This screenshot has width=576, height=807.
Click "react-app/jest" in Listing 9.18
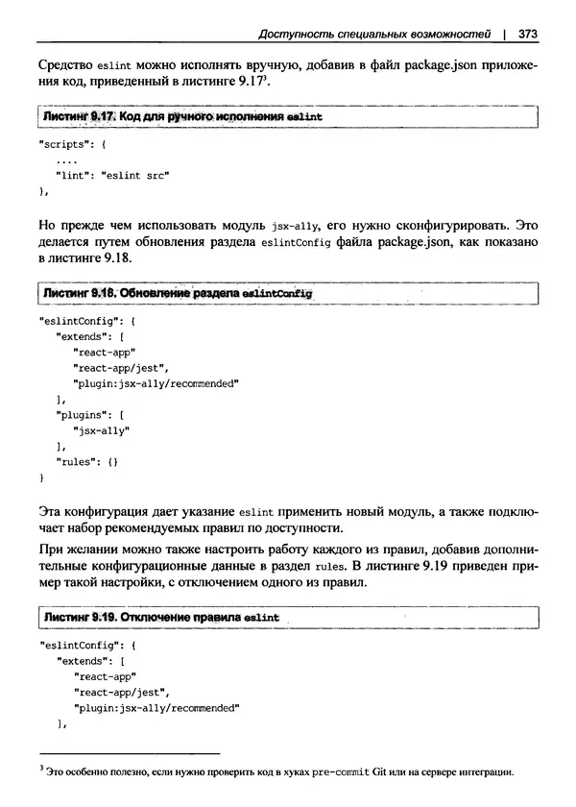(x=121, y=367)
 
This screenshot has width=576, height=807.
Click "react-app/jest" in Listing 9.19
(x=121, y=691)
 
